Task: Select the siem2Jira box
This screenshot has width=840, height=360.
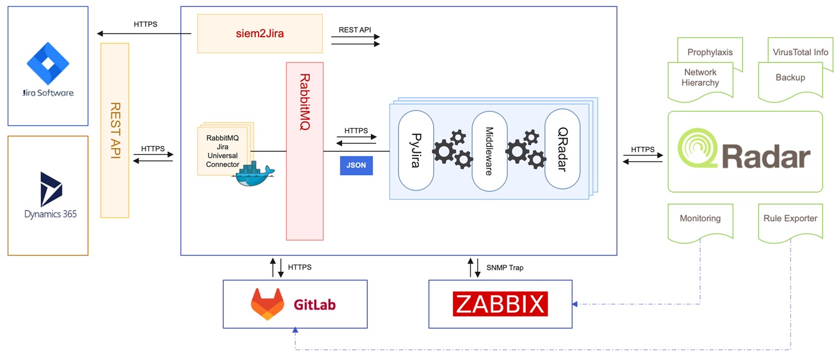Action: coord(260,34)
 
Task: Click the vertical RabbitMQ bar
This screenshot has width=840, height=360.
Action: coord(305,151)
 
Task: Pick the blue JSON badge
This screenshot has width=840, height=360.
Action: coord(356,166)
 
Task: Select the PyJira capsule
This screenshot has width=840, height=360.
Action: coord(416,150)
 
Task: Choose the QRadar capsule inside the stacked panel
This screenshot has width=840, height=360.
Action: coord(562,150)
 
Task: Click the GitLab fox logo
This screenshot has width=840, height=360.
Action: coord(268,304)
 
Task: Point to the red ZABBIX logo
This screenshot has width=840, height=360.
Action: coord(500,304)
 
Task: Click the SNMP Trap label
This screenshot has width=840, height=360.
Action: coord(505,268)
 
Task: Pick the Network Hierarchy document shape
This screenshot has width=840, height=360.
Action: coord(700,79)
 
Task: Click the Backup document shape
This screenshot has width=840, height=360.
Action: coord(790,80)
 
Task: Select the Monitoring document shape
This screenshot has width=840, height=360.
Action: coord(700,221)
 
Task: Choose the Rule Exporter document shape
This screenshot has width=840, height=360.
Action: coord(790,221)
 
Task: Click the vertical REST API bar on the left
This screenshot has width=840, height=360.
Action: coord(115,130)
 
